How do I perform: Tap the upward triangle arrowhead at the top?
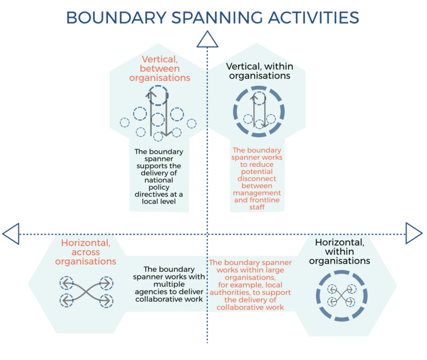207,39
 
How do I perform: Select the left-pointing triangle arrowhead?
11,233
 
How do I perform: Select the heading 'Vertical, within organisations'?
258,71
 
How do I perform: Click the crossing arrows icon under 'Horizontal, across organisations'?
86,292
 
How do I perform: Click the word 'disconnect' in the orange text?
257,179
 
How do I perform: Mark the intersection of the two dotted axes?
207,233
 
